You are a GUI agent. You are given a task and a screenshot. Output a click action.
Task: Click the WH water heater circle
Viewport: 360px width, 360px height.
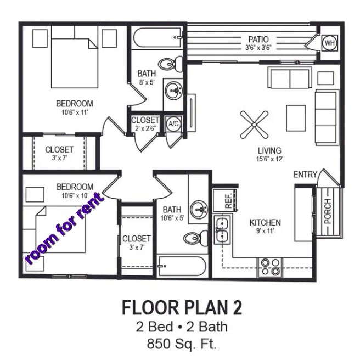(330, 43)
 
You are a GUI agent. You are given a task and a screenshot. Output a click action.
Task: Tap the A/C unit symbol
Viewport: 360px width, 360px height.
(173, 124)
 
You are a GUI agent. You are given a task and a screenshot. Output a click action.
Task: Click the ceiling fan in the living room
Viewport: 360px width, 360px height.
(254, 125)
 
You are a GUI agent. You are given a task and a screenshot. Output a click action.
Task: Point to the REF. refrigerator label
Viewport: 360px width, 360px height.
(228, 201)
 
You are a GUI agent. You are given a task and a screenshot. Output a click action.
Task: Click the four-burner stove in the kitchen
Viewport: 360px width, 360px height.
(271, 267)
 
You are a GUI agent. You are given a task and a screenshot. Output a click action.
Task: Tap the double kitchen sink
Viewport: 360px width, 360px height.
(222, 229)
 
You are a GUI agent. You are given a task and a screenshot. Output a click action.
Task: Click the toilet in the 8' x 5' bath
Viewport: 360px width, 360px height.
(171, 64)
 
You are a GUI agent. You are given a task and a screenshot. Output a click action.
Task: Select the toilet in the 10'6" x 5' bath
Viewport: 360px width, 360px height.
(196, 238)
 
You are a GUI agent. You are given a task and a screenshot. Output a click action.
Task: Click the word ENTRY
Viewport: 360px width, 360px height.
(305, 175)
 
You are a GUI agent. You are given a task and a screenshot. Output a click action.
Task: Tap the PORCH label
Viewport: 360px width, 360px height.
(328, 211)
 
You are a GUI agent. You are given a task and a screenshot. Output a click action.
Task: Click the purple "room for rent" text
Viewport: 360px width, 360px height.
(64, 228)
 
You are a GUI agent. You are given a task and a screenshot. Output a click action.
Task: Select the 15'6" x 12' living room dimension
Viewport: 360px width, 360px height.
(269, 159)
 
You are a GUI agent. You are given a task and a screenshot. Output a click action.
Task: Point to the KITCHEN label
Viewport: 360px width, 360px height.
(265, 222)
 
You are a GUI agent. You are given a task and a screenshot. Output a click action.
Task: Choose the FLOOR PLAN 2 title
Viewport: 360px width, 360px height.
(182, 308)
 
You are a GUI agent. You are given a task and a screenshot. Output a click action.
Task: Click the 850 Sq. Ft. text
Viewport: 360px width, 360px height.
(182, 344)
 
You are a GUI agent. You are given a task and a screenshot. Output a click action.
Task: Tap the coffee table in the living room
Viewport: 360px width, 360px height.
(296, 118)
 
